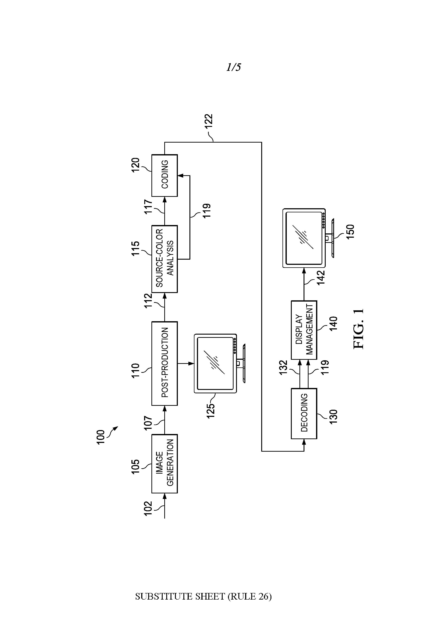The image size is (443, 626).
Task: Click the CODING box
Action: tap(164, 175)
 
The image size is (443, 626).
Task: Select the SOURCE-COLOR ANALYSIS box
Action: tap(164, 259)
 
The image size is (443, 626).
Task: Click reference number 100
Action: tap(101, 437)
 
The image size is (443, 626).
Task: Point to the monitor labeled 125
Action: tap(216, 363)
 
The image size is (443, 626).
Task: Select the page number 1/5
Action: tap(234, 67)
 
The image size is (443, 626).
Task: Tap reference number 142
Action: tap(321, 277)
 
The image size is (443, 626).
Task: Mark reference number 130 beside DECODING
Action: tap(333, 416)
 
